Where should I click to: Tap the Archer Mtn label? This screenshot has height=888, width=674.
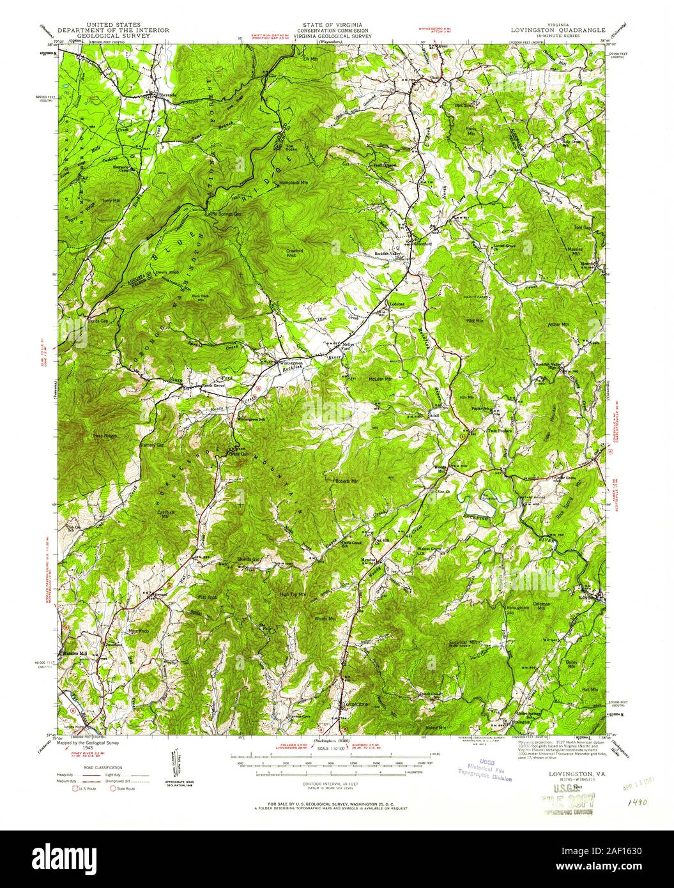pyautogui.click(x=558, y=325)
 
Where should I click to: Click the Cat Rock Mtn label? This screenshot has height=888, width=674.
pyautogui.click(x=165, y=514)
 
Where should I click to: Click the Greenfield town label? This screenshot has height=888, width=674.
pyautogui.click(x=422, y=243)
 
